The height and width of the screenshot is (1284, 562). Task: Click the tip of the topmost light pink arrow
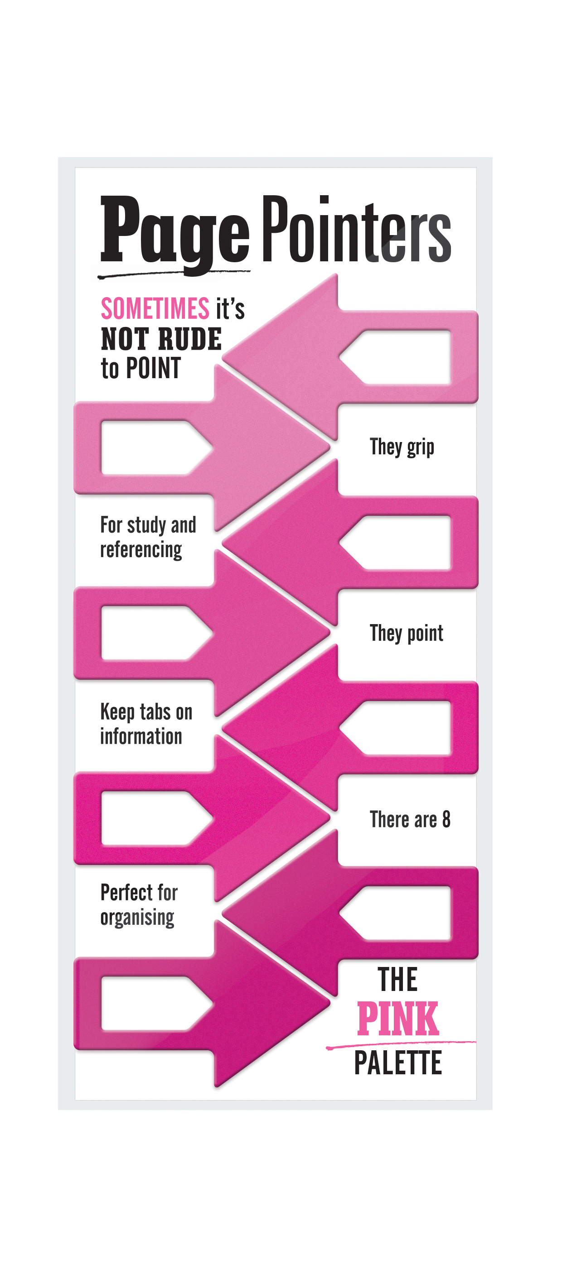(223, 357)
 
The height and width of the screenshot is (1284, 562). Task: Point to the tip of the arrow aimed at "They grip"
(329, 447)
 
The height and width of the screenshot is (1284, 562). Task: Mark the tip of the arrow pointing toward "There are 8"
(329, 818)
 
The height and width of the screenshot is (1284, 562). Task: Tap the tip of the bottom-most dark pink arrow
(329, 1003)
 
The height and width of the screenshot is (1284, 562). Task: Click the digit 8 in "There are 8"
(446, 819)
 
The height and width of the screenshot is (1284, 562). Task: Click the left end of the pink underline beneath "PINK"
(327, 1048)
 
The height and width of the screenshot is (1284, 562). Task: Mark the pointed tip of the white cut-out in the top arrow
(339, 357)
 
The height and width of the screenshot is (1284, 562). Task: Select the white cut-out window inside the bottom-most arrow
(157, 1003)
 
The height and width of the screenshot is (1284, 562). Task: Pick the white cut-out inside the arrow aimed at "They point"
(157, 633)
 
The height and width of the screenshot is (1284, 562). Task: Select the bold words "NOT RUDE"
(161, 339)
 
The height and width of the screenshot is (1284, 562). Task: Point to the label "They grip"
(402, 447)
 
